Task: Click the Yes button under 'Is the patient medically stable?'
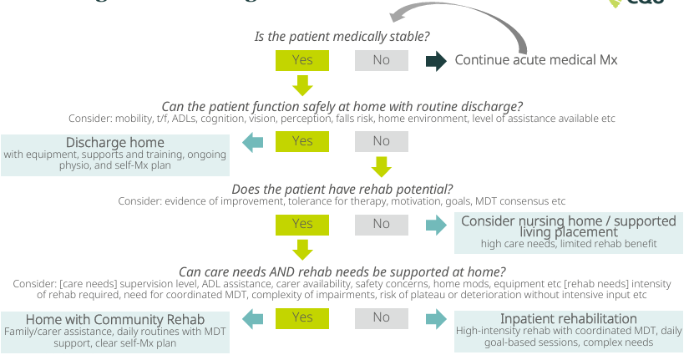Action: [x=302, y=60]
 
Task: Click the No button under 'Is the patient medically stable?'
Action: [x=381, y=60]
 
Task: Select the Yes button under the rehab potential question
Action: [x=302, y=224]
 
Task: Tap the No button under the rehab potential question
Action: [x=381, y=224]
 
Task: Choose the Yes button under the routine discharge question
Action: [x=302, y=142]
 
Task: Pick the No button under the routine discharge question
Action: [x=381, y=142]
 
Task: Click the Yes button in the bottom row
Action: [x=302, y=317]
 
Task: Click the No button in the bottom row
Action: [x=381, y=317]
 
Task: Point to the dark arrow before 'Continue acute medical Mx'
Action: [x=436, y=61]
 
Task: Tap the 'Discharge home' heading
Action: [x=115, y=142]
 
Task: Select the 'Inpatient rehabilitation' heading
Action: [x=569, y=318]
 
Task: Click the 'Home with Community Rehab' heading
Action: [x=115, y=319]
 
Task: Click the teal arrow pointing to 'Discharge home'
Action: [x=252, y=143]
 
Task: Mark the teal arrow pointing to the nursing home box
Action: [x=435, y=224]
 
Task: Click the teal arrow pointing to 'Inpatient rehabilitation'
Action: [x=435, y=318]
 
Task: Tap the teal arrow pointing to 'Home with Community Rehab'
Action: [x=252, y=318]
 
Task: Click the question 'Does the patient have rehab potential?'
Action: [x=342, y=189]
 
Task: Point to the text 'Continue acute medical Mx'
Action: [x=536, y=60]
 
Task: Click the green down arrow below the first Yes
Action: [x=302, y=84]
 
